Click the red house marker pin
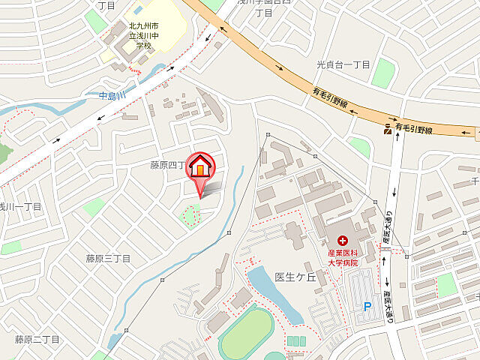[x=200, y=166]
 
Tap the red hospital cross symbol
[x=343, y=241]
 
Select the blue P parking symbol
[x=367, y=306]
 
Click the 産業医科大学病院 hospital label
[x=343, y=258]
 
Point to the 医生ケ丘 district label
[x=292, y=277]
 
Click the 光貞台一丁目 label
[x=343, y=64]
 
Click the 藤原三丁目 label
[x=108, y=259]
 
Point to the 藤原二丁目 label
[x=37, y=340]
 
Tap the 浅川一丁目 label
[x=19, y=206]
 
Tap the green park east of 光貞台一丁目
[x=383, y=73]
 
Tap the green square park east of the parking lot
[x=447, y=285]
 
